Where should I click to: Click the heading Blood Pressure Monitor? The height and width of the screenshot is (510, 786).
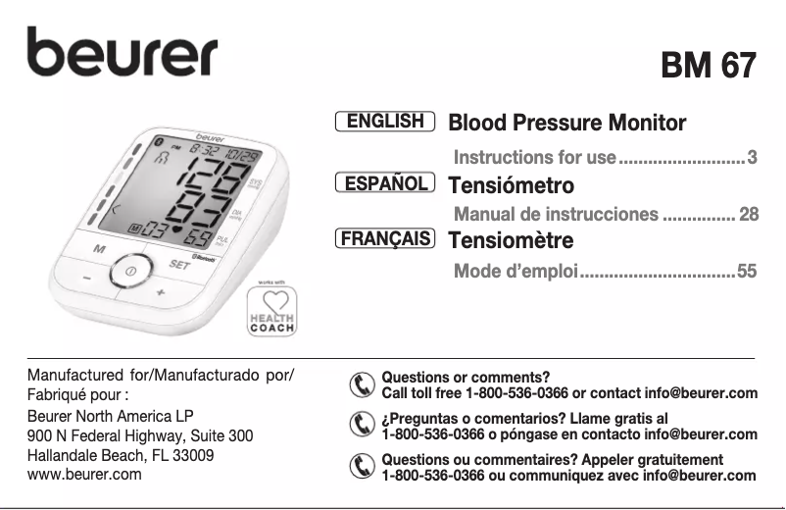566,124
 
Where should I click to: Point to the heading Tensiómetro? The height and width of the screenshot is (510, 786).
511,184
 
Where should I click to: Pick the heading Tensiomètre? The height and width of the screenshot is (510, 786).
511,240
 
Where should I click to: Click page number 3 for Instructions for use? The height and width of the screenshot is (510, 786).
752,157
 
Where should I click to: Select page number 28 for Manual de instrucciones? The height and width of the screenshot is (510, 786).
748,214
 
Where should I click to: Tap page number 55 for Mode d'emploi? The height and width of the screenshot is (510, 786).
747,271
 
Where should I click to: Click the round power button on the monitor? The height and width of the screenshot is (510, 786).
130,270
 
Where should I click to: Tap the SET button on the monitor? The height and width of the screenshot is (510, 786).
179,264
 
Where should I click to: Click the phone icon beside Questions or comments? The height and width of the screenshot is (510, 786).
363,385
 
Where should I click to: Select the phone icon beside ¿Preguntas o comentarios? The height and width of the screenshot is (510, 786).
363,426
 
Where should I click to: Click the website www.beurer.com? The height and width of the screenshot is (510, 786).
85,474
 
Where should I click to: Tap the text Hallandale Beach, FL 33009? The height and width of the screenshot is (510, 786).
122,455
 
